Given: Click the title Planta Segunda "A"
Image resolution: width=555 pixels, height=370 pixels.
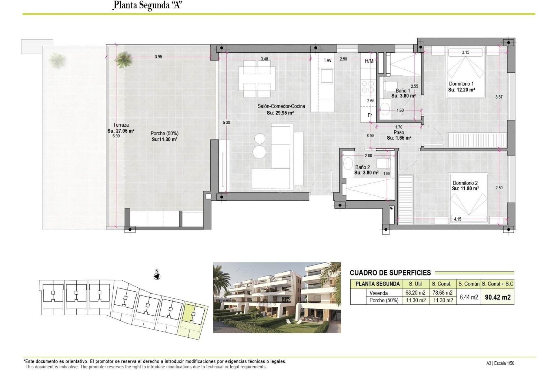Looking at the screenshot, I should (x=147, y=5).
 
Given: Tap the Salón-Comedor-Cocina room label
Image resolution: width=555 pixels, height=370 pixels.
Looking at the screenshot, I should (x=281, y=106).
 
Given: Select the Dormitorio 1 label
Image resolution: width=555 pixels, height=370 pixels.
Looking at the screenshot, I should (x=461, y=84).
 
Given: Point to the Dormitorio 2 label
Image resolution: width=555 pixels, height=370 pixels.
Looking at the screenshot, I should (x=465, y=183).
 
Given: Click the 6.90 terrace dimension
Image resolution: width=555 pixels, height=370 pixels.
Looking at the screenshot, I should (x=116, y=136).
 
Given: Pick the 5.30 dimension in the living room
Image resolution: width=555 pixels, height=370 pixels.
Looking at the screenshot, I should (x=226, y=123).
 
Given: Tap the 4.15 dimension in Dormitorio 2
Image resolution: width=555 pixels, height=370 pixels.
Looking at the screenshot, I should (x=457, y=219).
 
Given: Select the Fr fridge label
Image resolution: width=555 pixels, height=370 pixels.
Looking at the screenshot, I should (x=370, y=115).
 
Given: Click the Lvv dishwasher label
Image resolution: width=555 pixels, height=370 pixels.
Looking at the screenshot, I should (x=328, y=60).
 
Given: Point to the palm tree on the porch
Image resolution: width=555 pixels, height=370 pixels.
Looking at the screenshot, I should (x=123, y=60).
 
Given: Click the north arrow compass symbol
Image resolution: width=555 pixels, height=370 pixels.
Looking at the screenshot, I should (x=157, y=277).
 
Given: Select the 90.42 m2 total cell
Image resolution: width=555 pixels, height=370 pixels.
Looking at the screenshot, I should (x=497, y=297).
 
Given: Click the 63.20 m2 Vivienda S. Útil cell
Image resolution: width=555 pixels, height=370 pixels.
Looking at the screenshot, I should (x=415, y=293).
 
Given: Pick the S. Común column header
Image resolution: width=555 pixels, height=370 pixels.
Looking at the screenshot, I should (x=469, y=284).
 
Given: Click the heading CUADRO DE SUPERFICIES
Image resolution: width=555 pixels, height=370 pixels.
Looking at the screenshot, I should (x=390, y=273).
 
